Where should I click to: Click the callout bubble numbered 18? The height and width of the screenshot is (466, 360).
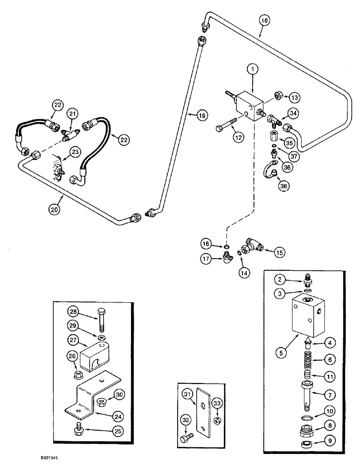click(x=264, y=20)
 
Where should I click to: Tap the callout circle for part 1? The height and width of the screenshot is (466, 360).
click(x=252, y=70)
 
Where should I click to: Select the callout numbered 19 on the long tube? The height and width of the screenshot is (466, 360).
click(x=201, y=114)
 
